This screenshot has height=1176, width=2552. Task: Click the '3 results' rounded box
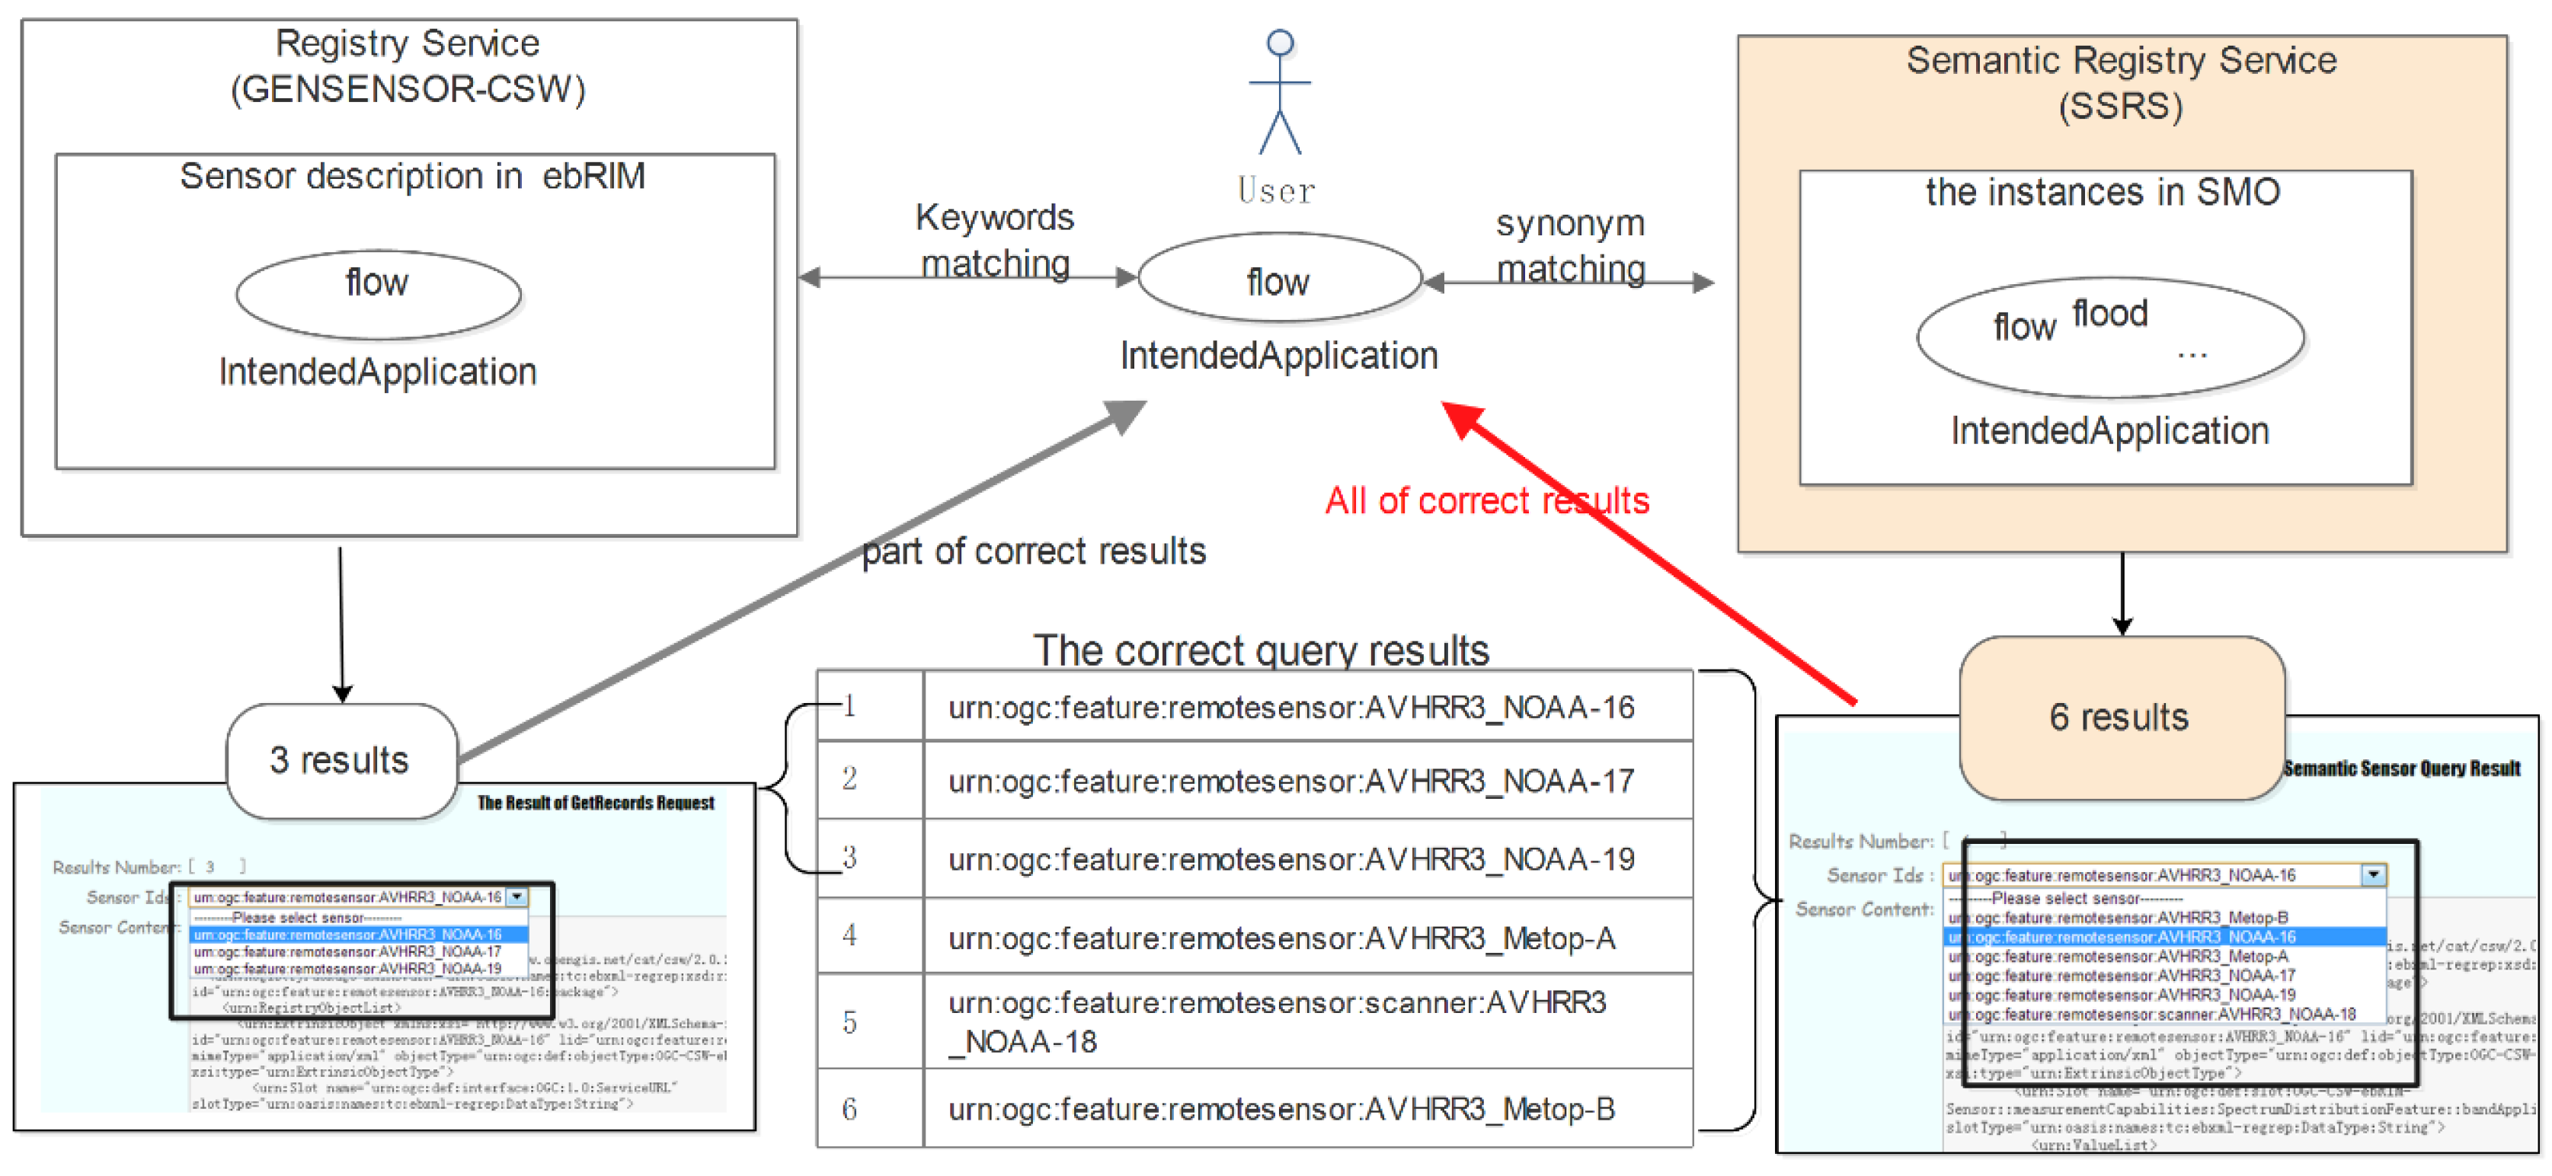click(x=341, y=761)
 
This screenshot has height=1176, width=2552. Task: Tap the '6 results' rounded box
click(x=2120, y=717)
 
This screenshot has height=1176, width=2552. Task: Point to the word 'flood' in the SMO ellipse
click(x=2110, y=313)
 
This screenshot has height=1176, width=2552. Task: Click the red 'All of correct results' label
click(x=1486, y=501)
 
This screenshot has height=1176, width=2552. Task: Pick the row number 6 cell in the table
click(x=850, y=1109)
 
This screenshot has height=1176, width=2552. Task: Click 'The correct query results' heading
click(x=1260, y=650)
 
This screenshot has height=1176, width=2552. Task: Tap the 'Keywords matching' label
click(x=995, y=241)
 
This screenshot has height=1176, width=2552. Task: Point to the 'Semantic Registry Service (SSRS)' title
click(x=2121, y=82)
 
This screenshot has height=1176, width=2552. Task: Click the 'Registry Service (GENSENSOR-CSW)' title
click(x=407, y=66)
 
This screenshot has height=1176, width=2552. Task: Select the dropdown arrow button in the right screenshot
click(x=2374, y=875)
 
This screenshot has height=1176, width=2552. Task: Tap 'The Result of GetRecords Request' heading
click(x=596, y=803)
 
